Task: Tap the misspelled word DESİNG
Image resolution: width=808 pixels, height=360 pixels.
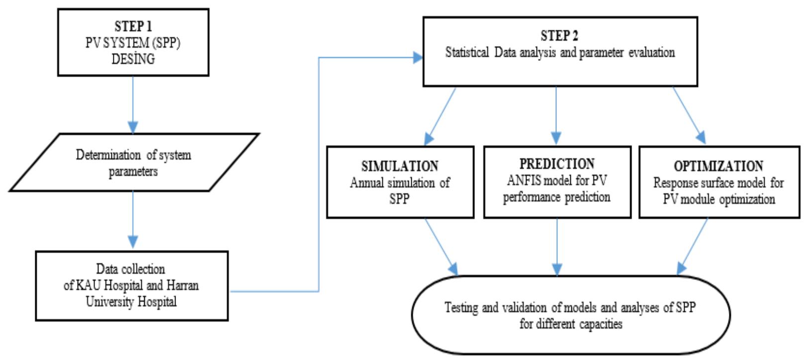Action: [133, 59]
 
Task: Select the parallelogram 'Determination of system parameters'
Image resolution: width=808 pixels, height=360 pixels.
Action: [133, 163]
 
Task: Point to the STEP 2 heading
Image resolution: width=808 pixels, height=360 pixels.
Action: [559, 36]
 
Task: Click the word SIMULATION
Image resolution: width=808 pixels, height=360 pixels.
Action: [400, 166]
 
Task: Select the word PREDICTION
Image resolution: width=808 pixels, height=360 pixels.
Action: [557, 164]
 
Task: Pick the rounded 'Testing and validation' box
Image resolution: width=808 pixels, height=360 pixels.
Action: [570, 315]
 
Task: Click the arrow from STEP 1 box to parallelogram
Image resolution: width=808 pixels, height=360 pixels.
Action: [133, 104]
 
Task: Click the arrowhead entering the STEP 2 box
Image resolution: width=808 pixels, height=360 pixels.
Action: [417, 58]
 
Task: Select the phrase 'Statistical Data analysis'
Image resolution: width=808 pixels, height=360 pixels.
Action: [502, 53]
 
